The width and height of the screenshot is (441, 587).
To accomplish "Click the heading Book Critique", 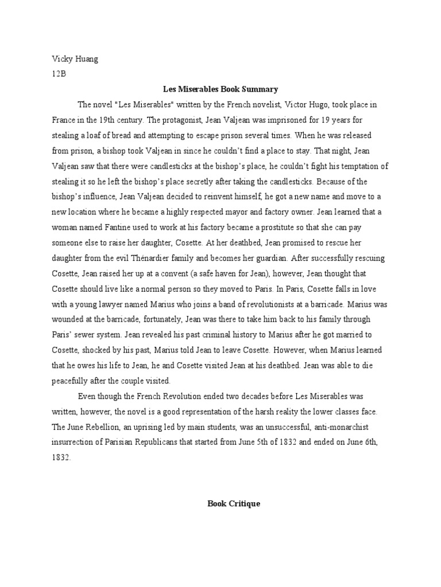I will pyautogui.click(x=234, y=503).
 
